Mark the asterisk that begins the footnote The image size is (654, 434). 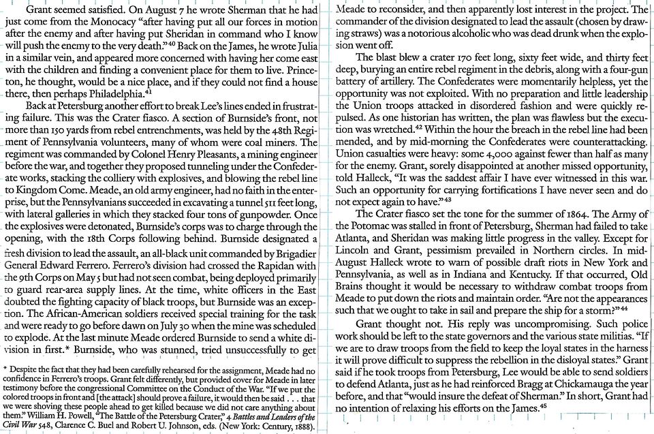5,369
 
